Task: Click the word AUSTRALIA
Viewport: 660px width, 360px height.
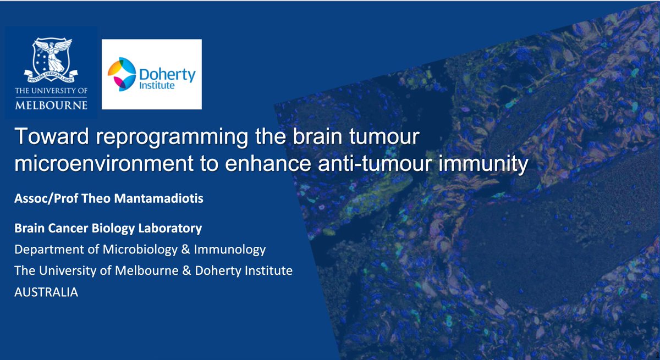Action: [x=47, y=293]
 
